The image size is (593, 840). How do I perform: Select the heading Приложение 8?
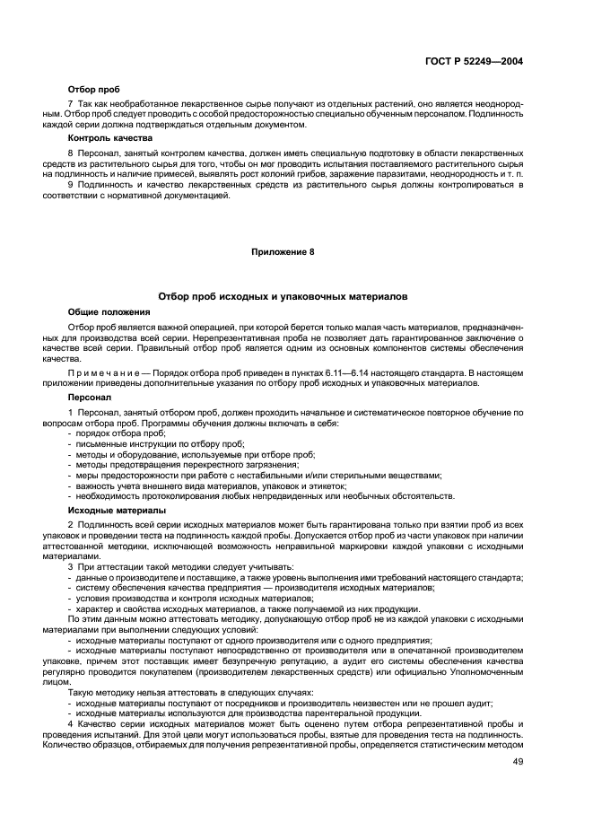click(283, 253)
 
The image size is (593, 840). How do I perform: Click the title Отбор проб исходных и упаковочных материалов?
click(283, 295)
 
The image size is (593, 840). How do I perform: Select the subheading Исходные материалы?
click(110, 511)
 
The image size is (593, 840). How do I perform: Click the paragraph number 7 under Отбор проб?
click(71, 103)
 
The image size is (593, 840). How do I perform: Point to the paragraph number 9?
click(71, 184)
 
